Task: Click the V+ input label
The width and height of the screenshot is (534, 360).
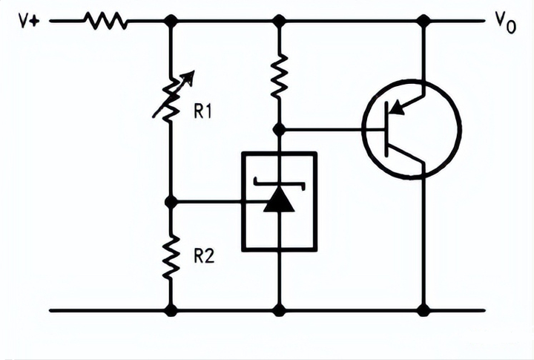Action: click(x=29, y=21)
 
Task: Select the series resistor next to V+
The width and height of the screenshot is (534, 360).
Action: click(x=106, y=22)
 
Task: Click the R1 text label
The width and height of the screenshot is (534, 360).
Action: click(x=204, y=112)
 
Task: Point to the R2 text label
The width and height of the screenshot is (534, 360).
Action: click(x=204, y=256)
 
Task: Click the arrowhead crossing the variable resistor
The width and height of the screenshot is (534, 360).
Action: click(x=188, y=76)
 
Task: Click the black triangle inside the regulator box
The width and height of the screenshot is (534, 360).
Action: click(x=279, y=200)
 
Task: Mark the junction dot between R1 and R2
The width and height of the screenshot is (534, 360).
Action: click(x=171, y=201)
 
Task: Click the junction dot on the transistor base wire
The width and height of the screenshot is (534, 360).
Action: click(x=279, y=129)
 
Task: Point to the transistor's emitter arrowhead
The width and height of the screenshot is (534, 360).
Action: click(x=397, y=108)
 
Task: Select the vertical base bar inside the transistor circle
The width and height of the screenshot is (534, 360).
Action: click(x=388, y=129)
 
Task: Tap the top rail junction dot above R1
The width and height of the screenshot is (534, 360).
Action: click(x=171, y=22)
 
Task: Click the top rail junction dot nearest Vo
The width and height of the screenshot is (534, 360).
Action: click(x=423, y=22)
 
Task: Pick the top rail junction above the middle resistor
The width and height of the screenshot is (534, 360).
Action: click(x=279, y=22)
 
